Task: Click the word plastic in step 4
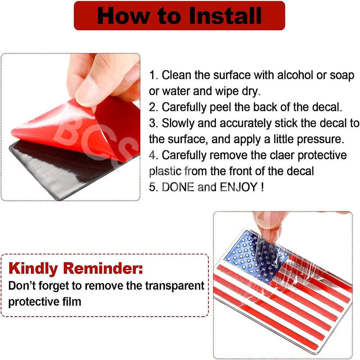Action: [165, 171]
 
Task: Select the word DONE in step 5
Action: [178, 187]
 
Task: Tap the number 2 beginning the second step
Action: [153, 107]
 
